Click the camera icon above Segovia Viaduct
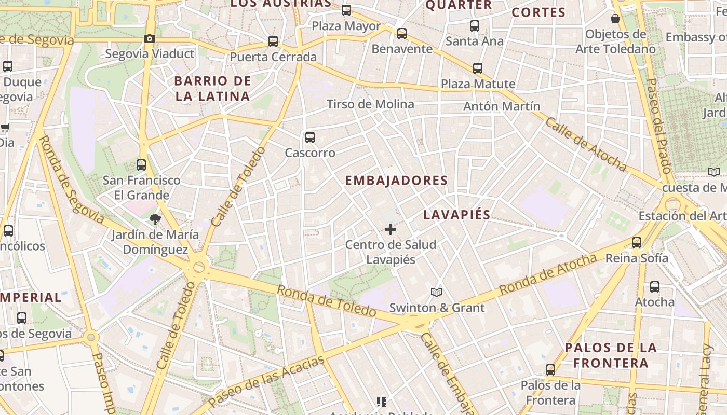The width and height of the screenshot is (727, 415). pyautogui.click(x=150, y=39)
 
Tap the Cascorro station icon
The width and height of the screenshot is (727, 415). pyautogui.click(x=310, y=137)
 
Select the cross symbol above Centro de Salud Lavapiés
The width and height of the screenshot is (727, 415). pyautogui.click(x=391, y=229)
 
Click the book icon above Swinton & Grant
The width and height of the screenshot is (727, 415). pyautogui.click(x=437, y=293)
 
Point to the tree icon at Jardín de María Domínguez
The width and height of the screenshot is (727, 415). pyautogui.click(x=155, y=219)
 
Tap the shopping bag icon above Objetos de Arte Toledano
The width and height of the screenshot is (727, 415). pyautogui.click(x=615, y=19)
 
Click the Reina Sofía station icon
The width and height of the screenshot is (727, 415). pyautogui.click(x=637, y=243)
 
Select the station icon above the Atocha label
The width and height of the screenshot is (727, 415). pyautogui.click(x=655, y=287)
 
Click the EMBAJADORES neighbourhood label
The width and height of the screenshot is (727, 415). pyautogui.click(x=396, y=181)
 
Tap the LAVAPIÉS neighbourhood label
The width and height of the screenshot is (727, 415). pyautogui.click(x=456, y=215)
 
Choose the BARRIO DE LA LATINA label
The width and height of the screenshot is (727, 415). pyautogui.click(x=212, y=89)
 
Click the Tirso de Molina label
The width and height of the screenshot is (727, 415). pyautogui.click(x=370, y=104)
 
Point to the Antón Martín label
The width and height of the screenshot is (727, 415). pyautogui.click(x=502, y=106)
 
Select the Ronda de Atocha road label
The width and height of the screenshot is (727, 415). pyautogui.click(x=548, y=274)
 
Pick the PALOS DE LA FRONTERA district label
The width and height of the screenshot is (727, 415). pyautogui.click(x=611, y=355)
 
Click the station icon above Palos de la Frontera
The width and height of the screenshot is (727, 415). pyautogui.click(x=550, y=370)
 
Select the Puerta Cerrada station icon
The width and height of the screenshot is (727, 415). pyautogui.click(x=273, y=41)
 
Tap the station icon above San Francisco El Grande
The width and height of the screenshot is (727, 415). pyautogui.click(x=141, y=165)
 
